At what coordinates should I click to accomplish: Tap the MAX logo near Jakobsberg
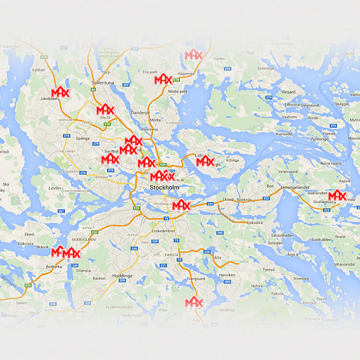tap(61, 92)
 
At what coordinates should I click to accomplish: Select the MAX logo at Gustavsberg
tap(337, 195)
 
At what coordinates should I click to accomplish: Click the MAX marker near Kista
tap(105, 109)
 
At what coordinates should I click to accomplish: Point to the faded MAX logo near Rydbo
tap(194, 55)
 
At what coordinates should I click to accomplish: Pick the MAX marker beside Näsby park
tap(163, 79)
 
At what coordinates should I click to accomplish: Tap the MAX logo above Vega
tap(194, 302)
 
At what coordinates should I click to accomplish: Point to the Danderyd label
tap(140, 113)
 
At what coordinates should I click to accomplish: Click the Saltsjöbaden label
tap(282, 235)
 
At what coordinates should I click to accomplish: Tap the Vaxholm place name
tap(289, 117)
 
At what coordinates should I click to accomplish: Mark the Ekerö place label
tap(29, 234)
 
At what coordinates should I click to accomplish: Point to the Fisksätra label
tap(254, 222)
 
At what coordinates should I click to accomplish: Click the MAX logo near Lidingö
tap(205, 161)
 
